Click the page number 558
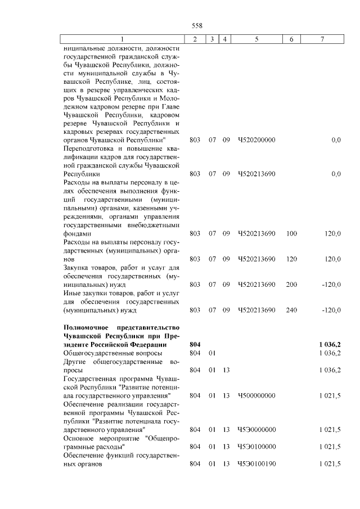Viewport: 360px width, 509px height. [x=196, y=25]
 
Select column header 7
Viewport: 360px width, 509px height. [x=322, y=39]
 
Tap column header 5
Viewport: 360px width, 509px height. [x=256, y=39]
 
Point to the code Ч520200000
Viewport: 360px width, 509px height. [x=256, y=139]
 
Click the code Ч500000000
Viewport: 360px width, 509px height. [x=256, y=395]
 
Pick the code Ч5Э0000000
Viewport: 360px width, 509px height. [x=256, y=430]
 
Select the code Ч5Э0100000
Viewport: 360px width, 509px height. [x=256, y=447]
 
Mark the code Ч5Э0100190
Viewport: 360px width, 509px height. [x=256, y=464]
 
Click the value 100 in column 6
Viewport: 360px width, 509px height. [x=291, y=233]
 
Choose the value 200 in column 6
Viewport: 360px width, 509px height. [x=291, y=285]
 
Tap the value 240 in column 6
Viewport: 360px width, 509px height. [x=291, y=310]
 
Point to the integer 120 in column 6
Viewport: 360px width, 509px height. [x=291, y=259]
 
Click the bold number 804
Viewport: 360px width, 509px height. [x=195, y=344]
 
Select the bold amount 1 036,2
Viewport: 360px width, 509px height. [x=330, y=344]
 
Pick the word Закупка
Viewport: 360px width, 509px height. [x=79, y=268]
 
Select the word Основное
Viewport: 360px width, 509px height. [x=82, y=438]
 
